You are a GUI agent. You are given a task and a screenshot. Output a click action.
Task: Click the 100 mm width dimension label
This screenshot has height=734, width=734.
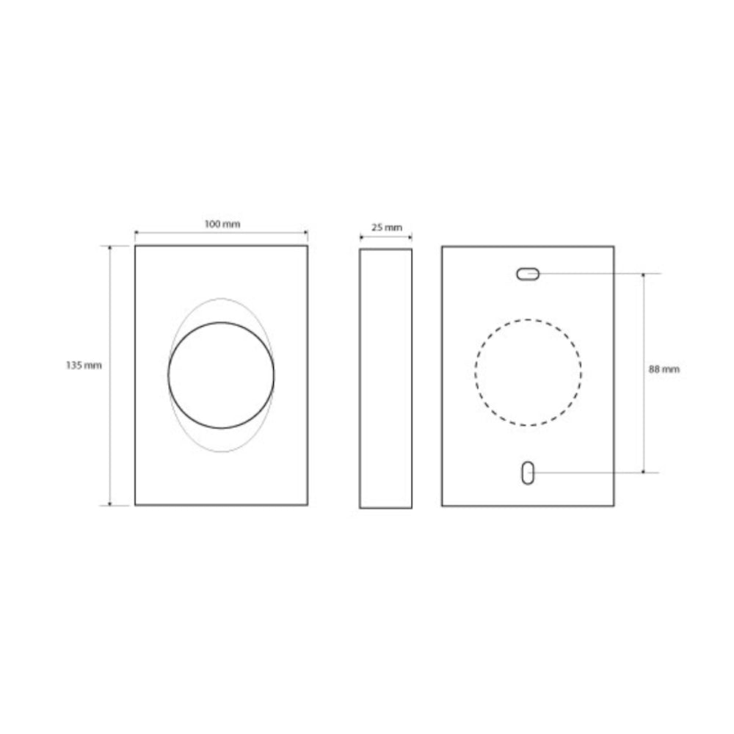pyautogui.click(x=222, y=224)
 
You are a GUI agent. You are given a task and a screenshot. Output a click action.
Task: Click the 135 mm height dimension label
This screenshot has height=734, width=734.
pyautogui.click(x=84, y=365)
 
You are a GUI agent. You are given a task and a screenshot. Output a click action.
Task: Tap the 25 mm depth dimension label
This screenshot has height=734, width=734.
pyautogui.click(x=387, y=228)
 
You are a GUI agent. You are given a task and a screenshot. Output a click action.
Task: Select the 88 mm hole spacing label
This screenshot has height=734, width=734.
pyautogui.click(x=664, y=369)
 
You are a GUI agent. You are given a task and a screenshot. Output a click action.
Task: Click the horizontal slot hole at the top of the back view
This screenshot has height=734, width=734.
pyautogui.click(x=528, y=274)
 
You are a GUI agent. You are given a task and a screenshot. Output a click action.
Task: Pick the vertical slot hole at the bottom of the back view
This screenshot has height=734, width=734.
pyautogui.click(x=528, y=473)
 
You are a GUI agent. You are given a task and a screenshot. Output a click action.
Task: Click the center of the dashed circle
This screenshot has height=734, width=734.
pyautogui.click(x=528, y=373)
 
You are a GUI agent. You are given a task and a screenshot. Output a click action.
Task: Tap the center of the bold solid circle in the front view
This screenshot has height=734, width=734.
pyautogui.click(x=221, y=375)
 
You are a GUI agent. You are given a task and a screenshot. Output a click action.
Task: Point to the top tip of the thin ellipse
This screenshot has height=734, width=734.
pyautogui.click(x=221, y=298)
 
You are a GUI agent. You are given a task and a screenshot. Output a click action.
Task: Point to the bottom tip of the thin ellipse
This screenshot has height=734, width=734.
pyautogui.click(x=221, y=452)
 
